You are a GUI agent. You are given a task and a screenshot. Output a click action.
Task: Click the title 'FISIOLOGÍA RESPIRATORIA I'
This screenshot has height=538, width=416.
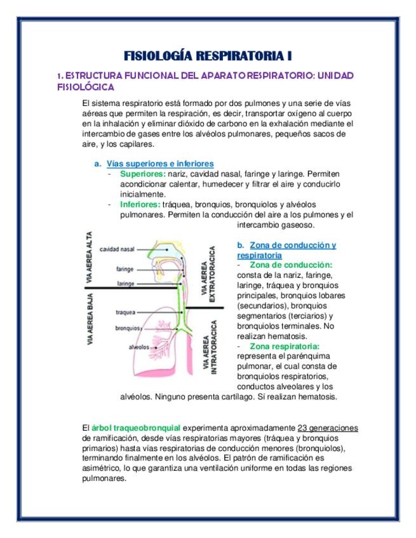click(208, 55)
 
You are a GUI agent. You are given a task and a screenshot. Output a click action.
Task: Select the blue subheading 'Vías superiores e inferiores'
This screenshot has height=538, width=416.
click(160, 164)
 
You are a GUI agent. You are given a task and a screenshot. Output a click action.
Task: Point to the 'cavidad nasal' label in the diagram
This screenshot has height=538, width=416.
click(117, 249)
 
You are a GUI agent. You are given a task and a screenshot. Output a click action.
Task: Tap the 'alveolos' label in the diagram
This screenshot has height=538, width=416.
click(138, 347)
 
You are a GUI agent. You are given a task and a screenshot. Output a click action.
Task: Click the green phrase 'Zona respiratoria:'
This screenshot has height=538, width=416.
click(285, 346)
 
